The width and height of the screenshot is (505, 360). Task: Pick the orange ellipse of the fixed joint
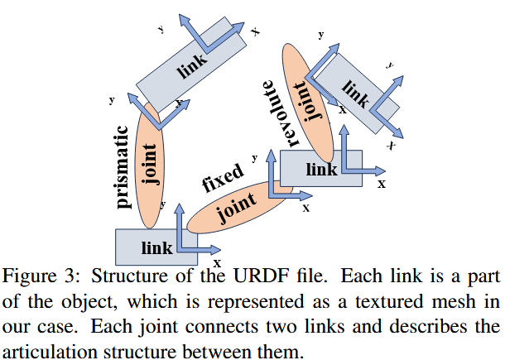click(239, 207)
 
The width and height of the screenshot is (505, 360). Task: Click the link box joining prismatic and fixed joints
click(156, 247)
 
